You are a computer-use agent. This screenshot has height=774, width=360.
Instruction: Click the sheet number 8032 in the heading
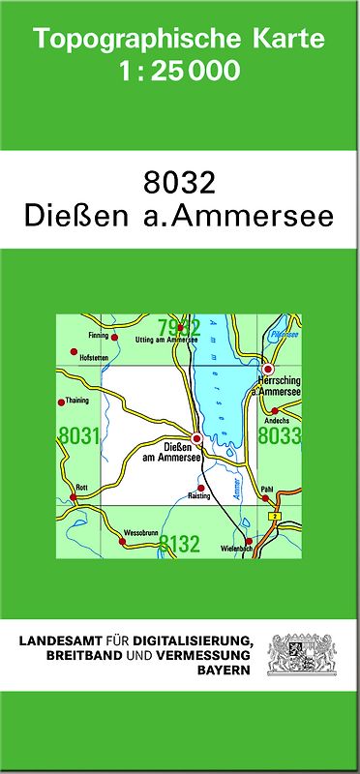click(179, 180)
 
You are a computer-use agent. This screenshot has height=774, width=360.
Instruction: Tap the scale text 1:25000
click(179, 72)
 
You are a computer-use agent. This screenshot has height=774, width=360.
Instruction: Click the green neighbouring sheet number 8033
click(281, 436)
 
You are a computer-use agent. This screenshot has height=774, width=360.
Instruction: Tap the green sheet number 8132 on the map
click(179, 544)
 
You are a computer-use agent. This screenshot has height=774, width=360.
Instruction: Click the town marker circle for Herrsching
click(269, 370)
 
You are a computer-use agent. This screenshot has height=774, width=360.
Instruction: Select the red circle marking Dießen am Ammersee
click(196, 438)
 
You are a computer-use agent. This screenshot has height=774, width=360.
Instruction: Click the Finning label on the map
click(98, 336)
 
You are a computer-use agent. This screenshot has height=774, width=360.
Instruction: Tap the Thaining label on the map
click(76, 400)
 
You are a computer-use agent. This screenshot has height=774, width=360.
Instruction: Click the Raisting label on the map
click(199, 495)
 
